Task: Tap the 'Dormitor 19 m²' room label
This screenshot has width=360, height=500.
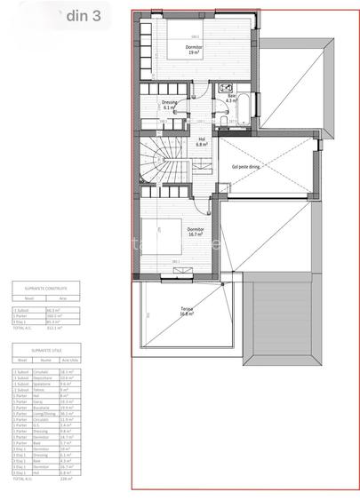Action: [x=194, y=50]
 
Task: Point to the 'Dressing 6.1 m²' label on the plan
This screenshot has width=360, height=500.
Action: [x=170, y=105]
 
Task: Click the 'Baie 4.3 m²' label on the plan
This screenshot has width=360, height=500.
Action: [x=231, y=99]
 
